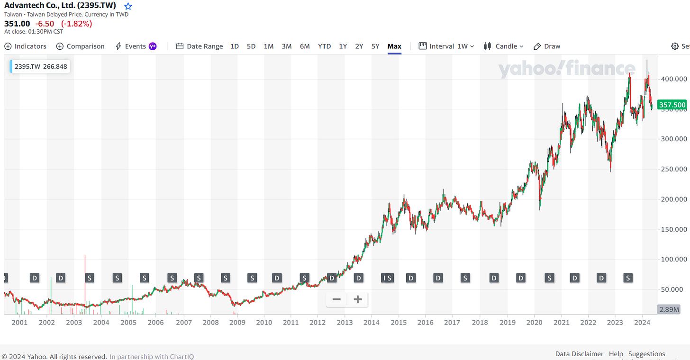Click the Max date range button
[394, 46]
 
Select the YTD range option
[324, 46]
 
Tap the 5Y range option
[375, 46]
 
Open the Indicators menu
[26, 46]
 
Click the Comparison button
[81, 46]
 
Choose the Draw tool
[547, 46]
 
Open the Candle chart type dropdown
[503, 46]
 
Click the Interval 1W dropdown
[446, 46]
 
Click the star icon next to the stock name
[128, 6]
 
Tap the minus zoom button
[336, 299]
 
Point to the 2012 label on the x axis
[318, 323]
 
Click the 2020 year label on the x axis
[534, 323]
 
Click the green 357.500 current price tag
[672, 105]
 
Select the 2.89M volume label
[669, 309]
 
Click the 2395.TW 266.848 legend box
[40, 66]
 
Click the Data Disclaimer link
[579, 354]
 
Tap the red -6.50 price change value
[45, 23]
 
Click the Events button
[136, 46]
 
